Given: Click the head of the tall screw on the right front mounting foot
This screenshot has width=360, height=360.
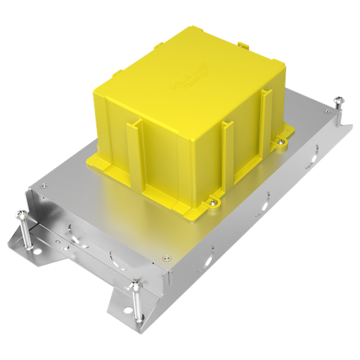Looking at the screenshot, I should pos(134,285).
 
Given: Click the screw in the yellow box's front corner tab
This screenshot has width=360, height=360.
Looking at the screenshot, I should pos(211,204).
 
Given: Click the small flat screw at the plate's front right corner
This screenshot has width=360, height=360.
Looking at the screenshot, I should pos(166,257).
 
